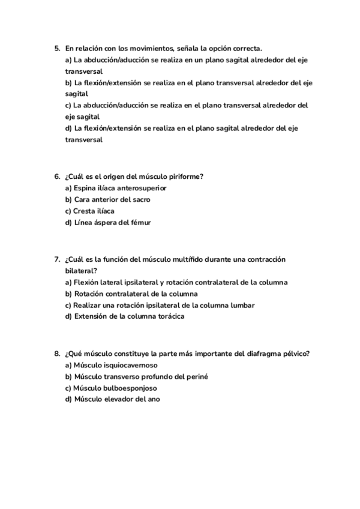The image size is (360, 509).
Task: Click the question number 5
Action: [57, 47]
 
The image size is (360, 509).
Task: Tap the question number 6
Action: [57, 176]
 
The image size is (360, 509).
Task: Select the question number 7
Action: [57, 259]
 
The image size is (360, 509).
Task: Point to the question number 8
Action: [57, 354]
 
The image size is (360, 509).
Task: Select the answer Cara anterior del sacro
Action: [107, 199]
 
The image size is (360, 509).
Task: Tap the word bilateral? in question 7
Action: [81, 271]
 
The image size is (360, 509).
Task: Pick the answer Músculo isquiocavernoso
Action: [111, 365]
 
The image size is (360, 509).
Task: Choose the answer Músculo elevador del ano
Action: [112, 399]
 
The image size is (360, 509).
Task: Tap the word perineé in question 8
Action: [197, 376]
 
